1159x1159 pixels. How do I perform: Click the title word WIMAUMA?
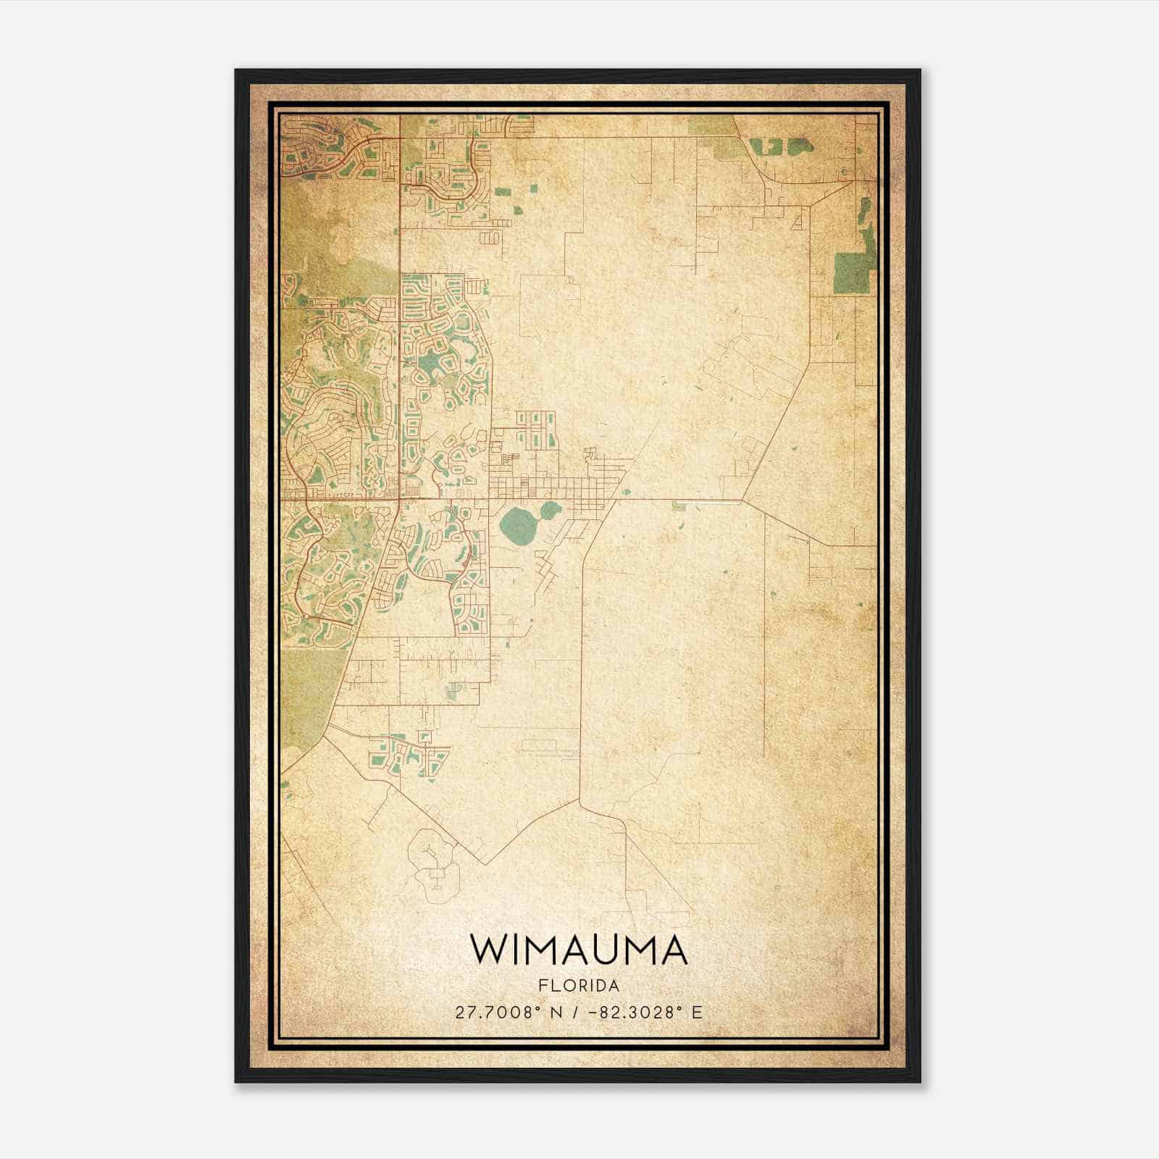point(579,950)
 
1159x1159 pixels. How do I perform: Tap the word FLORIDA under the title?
point(579,986)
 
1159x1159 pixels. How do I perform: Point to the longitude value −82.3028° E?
point(647,1013)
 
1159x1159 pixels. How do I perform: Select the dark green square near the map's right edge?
point(850,272)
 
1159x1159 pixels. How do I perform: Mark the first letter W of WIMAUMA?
point(487,950)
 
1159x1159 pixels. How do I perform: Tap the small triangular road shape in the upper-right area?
point(799,220)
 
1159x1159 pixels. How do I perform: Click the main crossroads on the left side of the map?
point(398,498)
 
